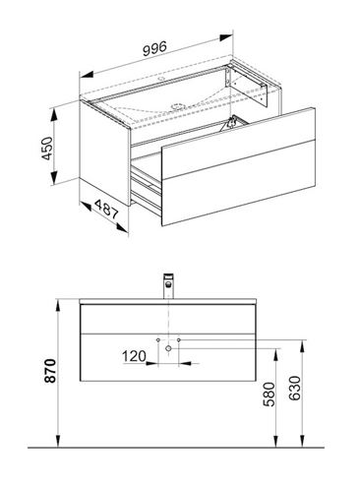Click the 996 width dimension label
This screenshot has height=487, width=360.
click(154, 48)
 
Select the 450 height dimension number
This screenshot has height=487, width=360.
click(47, 149)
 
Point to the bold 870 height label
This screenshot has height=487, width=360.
click(50, 371)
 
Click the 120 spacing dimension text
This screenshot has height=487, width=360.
click(134, 356)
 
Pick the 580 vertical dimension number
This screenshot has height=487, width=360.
click(270, 395)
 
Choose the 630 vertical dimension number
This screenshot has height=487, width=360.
click(295, 388)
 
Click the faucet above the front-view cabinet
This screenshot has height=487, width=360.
click(168, 285)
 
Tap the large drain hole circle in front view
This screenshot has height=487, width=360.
click(168, 348)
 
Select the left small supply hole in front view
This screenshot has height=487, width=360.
click(158, 339)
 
